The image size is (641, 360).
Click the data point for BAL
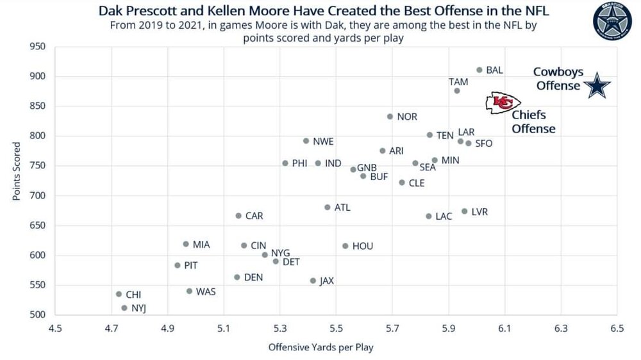(479, 70)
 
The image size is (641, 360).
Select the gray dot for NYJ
(124, 308)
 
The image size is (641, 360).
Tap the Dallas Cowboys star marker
(598, 86)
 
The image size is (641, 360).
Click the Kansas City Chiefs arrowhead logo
(503, 103)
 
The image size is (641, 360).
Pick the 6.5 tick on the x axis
(617, 329)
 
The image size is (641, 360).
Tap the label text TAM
(458, 82)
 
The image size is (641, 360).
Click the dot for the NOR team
(390, 117)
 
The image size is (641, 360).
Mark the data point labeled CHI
(119, 294)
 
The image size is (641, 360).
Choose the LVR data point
(465, 211)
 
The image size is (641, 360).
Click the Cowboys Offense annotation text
(558, 79)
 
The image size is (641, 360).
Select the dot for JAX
(313, 281)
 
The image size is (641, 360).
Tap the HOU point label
(362, 246)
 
